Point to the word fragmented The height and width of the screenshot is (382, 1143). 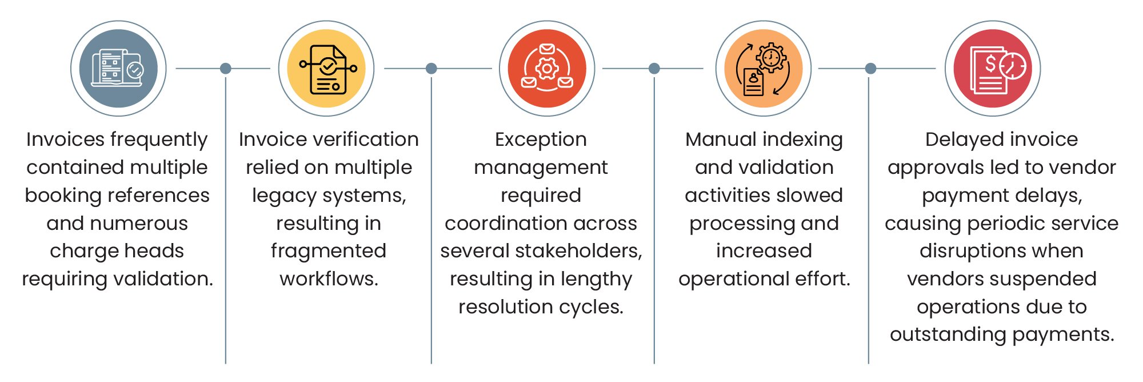329,251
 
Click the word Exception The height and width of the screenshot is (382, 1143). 541,140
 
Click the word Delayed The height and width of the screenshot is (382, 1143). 962,140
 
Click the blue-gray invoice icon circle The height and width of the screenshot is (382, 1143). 118,69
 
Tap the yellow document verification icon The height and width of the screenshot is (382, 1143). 326,69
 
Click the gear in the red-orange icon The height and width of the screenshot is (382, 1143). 547,69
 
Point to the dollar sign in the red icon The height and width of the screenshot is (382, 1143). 991,63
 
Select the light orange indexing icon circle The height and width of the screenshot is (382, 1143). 764,69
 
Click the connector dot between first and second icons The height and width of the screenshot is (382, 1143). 226,69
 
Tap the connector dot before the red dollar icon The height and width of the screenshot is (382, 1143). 870,69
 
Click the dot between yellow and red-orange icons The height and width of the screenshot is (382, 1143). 431,69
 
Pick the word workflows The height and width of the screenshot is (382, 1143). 329,279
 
